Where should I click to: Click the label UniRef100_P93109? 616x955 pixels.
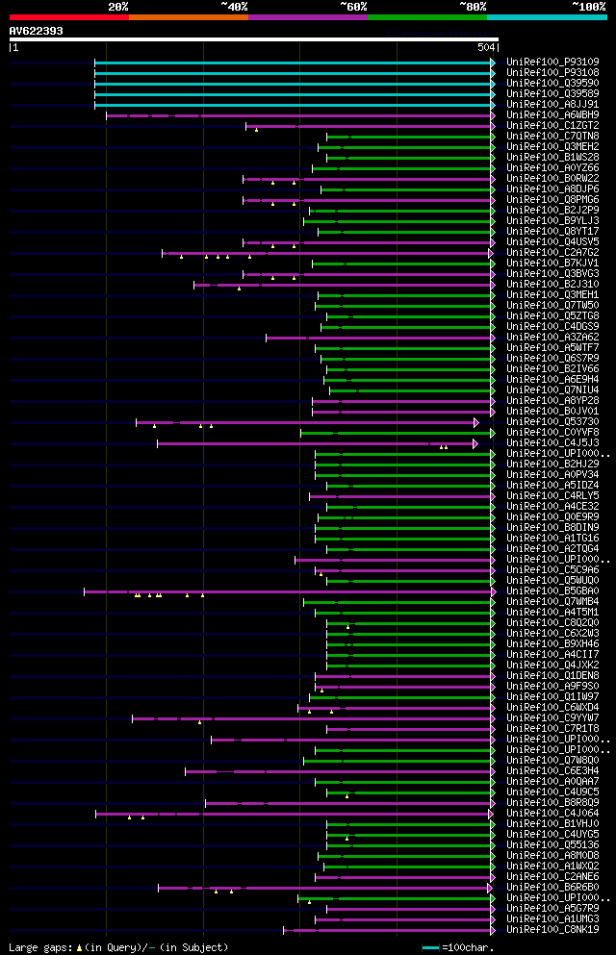(x=552, y=62)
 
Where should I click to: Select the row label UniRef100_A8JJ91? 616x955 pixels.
(x=552, y=104)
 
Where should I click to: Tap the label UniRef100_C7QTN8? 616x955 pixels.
(x=552, y=136)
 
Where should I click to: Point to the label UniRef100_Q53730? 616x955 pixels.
(x=552, y=421)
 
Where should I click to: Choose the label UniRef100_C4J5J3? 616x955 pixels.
(x=552, y=442)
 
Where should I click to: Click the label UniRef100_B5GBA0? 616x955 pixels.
(x=552, y=591)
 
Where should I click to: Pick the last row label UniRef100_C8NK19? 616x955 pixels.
(x=552, y=929)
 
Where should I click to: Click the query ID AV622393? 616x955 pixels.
(x=37, y=31)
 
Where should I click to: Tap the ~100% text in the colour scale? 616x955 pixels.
(x=587, y=7)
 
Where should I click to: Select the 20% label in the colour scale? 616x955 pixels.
(x=118, y=7)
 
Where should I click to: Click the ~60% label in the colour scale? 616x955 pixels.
(x=352, y=7)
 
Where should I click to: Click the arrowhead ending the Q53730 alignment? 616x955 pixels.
(x=475, y=421)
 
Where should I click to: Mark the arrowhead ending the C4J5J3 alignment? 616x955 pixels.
(x=475, y=442)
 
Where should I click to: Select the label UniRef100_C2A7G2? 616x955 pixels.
(x=552, y=252)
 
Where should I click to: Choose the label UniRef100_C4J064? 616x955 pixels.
(x=552, y=813)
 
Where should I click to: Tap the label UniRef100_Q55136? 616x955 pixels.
(x=552, y=844)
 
